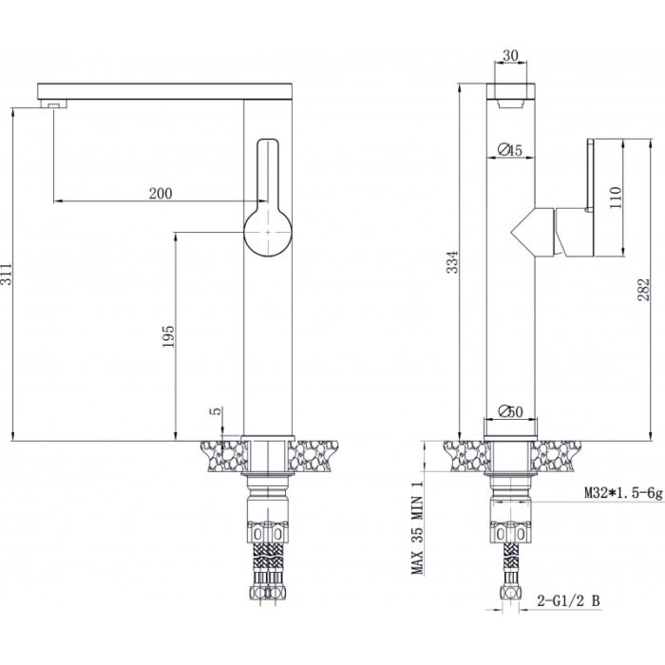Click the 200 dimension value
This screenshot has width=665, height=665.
161,194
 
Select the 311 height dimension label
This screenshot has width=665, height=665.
7,274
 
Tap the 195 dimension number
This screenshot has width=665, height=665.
168,336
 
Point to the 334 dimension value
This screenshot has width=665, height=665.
453,262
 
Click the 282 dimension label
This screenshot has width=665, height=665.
643,289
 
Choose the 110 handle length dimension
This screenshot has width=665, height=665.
615,198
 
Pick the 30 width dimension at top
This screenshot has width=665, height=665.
511,55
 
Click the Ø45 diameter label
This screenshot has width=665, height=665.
510,150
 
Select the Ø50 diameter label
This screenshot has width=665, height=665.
511,411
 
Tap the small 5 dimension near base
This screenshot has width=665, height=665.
217,410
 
